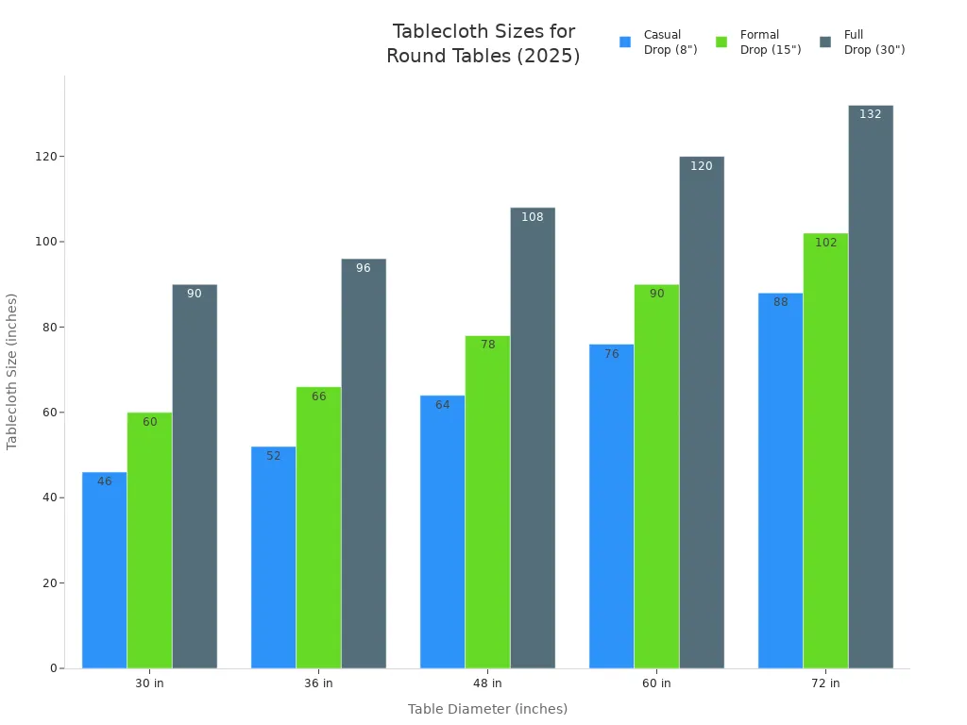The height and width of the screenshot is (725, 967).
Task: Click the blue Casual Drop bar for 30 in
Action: [x=104, y=570]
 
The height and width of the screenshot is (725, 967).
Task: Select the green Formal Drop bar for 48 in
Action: [x=487, y=502]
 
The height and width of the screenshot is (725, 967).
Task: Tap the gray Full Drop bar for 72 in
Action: [x=871, y=387]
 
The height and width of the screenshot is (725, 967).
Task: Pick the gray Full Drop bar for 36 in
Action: [x=364, y=464]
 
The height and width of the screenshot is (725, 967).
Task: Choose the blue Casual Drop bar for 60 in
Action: [x=611, y=506]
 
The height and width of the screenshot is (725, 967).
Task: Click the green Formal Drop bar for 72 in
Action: [x=825, y=451]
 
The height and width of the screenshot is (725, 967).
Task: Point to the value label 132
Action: [x=871, y=114]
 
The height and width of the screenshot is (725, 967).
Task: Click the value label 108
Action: [x=533, y=217]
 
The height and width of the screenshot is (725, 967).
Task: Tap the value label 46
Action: [x=104, y=481]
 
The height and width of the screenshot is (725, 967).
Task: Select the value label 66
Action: [x=318, y=396]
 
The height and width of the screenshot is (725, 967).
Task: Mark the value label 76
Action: [x=611, y=354]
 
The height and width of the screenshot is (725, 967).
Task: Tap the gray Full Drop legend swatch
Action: [x=825, y=42]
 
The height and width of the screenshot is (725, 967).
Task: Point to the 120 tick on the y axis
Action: [x=45, y=157]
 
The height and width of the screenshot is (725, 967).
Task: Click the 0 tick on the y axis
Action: [x=53, y=668]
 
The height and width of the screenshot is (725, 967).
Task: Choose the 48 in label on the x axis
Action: [x=487, y=683]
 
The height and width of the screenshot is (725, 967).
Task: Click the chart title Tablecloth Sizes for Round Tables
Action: [x=483, y=43]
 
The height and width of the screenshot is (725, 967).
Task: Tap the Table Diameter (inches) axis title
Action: [x=487, y=709]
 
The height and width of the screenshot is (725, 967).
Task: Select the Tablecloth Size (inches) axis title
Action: [x=12, y=371]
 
